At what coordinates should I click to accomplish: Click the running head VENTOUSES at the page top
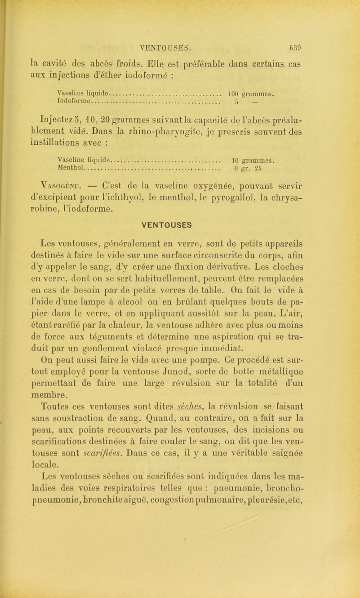click(166, 45)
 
